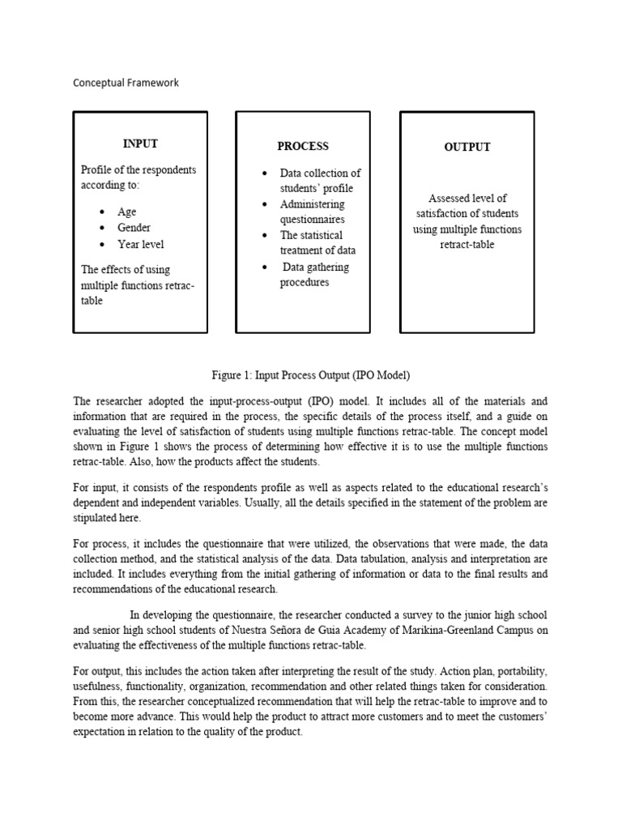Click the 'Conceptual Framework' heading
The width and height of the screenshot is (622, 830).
[x=126, y=83]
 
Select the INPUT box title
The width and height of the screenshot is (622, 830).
[x=140, y=143]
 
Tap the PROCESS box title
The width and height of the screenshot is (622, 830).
[x=303, y=146]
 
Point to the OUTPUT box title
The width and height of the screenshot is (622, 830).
[x=467, y=147]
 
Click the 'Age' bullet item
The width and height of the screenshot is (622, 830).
[x=127, y=212]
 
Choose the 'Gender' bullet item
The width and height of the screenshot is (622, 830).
[x=134, y=228]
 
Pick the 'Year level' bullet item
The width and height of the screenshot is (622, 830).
[x=141, y=244]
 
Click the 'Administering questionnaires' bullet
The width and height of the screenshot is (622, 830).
[x=313, y=212]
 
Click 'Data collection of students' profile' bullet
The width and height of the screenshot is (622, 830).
[x=319, y=181]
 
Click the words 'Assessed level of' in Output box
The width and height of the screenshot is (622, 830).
[x=467, y=198]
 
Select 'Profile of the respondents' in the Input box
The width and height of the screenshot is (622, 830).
[x=138, y=170]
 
